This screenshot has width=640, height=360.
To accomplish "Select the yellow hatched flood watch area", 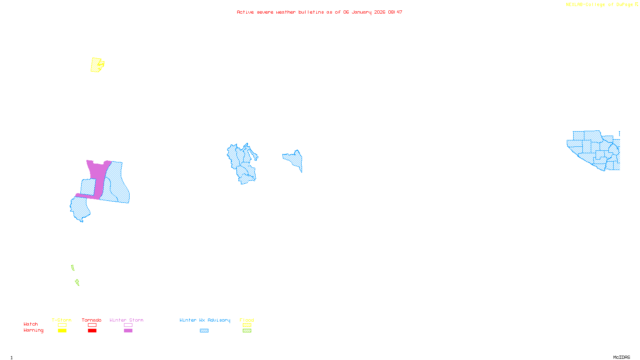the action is (96, 65).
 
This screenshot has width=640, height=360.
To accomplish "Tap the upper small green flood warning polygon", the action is (73, 268).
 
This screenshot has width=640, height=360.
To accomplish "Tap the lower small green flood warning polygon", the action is (77, 282).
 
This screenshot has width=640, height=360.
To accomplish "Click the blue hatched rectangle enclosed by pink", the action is (88, 186).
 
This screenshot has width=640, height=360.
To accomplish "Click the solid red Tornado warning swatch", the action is (92, 330).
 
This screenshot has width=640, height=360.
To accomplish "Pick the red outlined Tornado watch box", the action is (92, 325).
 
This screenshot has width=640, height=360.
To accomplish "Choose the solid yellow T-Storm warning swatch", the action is (62, 330).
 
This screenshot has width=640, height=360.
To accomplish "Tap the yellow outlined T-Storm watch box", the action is (62, 325).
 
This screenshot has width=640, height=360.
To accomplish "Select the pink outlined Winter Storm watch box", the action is (128, 325).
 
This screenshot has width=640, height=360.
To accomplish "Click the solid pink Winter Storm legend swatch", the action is (128, 330).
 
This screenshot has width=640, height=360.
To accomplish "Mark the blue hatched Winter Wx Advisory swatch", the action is (204, 330).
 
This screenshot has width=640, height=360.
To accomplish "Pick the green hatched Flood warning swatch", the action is (247, 330).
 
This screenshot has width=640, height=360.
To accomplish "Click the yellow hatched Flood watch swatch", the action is (247, 325).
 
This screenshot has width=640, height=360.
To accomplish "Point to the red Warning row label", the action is (33, 330).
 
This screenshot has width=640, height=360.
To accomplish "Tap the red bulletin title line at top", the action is (319, 12).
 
